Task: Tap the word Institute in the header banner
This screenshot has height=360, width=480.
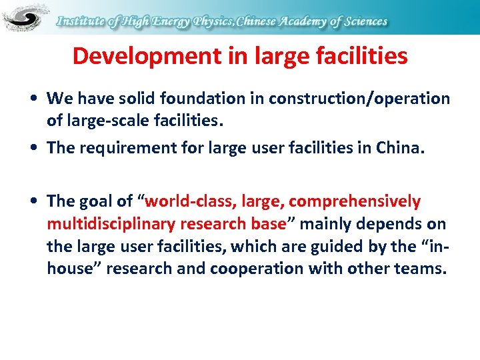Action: (82, 21)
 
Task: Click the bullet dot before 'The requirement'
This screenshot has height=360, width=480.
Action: (33, 147)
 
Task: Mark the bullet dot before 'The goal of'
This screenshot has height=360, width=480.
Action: (33, 201)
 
